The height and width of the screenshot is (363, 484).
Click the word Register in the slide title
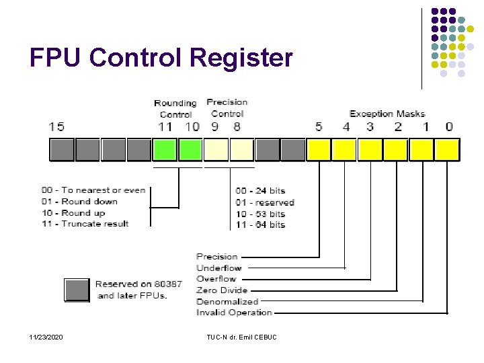241,58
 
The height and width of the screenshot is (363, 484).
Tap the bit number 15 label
57,126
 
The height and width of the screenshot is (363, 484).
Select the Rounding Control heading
175,108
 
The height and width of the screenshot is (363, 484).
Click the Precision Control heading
227,108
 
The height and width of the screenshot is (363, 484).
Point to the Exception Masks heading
387,114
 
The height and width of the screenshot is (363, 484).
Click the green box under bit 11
165,149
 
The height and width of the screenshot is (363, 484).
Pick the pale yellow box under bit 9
216,149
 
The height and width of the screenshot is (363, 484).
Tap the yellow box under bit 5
319,149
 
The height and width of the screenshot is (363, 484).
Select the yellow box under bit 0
448,149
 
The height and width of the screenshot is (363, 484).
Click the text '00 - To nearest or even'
104,190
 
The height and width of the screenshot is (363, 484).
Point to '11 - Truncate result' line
95,223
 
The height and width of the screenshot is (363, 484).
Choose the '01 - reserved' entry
265,202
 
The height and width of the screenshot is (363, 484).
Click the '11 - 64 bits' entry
261,225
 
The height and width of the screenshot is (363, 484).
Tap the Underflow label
219,268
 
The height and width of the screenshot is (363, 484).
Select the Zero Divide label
222,290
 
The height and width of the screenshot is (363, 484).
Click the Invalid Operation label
235,312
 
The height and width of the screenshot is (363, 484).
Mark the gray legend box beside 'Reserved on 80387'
77,290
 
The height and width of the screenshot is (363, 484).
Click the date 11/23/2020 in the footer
46,336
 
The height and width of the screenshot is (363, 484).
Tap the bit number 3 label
370,126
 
